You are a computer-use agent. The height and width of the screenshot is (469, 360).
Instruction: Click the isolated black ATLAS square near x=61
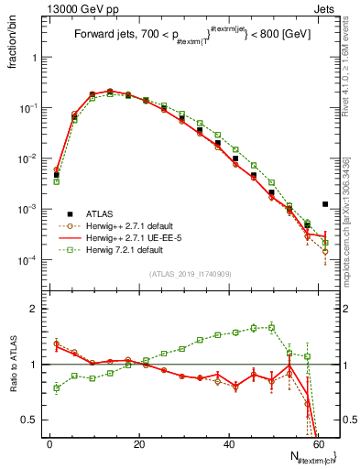tap(325, 204)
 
